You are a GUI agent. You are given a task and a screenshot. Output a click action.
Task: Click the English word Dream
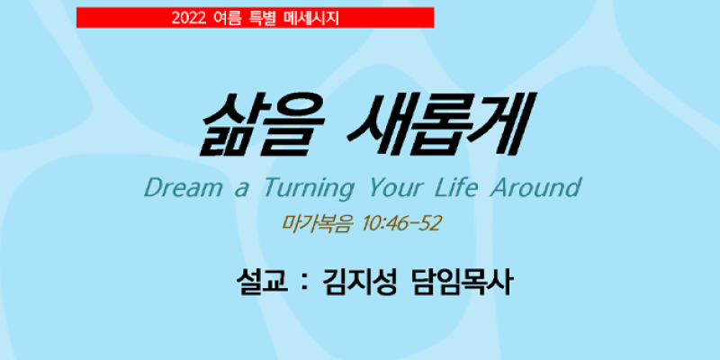coord(183,188)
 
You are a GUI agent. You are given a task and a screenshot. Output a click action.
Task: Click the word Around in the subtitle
coord(535,188)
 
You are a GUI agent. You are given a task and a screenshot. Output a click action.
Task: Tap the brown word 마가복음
coord(318,223)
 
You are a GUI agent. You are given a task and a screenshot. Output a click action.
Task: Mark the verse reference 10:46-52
coord(401,223)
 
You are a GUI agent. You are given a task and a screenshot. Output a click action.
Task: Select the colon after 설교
coord(302,282)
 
